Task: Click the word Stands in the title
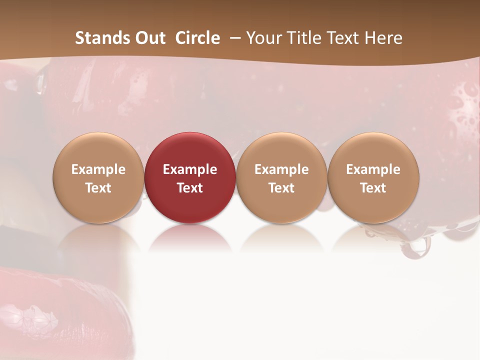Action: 102,38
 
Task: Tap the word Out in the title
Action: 149,38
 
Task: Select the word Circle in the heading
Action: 197,38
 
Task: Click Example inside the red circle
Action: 190,169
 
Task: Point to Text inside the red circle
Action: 190,188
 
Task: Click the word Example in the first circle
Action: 98,169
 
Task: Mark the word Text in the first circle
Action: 98,188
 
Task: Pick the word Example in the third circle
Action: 281,169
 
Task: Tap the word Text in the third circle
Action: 281,188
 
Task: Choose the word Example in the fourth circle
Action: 373,169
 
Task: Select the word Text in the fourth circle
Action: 373,188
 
